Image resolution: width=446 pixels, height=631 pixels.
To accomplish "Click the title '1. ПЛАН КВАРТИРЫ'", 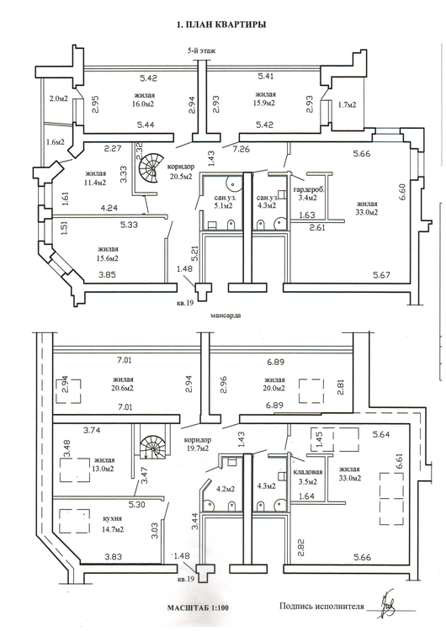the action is (221, 24).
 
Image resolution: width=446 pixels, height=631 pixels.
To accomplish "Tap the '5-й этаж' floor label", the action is (200, 50).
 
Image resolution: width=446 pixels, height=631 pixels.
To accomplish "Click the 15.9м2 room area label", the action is (264, 103).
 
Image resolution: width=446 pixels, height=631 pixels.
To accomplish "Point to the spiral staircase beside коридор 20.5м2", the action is (151, 168).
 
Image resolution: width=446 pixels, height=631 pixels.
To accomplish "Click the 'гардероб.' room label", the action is (309, 189).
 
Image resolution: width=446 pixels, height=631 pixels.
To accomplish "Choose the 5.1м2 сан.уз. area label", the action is (222, 206).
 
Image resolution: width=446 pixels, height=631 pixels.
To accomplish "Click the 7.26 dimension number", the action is (242, 149).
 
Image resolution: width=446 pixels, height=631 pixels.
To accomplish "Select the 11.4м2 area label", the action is (95, 183).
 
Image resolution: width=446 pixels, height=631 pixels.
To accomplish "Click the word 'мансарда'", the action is (226, 315).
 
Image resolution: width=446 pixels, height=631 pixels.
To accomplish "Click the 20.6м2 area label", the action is (123, 389).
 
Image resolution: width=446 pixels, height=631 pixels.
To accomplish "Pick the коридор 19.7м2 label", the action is (196, 443).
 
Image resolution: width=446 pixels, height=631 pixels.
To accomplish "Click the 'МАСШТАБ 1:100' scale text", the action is (198, 607).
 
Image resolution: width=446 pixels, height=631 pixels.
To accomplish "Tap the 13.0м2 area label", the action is (104, 469).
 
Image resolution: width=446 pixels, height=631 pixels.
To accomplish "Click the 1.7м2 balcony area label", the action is (346, 105).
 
